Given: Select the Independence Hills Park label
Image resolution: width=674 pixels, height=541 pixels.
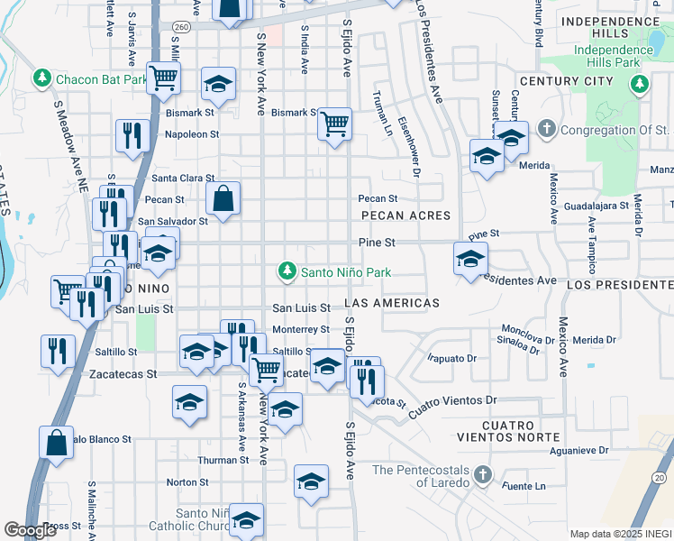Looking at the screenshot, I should coord(600,55).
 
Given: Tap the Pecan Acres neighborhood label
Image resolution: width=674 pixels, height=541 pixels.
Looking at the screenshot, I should coord(405,215).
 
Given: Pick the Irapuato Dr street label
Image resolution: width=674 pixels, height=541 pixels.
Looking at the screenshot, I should coord(451,358).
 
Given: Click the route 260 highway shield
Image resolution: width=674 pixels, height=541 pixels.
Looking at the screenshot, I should coord(181,27).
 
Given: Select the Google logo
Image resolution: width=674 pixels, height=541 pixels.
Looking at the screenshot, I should coord(30,530).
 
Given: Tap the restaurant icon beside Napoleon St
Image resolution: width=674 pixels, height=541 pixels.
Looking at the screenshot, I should coord(132,135).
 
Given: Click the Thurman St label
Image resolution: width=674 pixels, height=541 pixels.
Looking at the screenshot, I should coord(223,460).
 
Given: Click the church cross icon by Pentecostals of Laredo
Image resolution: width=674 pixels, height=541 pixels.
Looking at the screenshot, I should coord(482,473).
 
